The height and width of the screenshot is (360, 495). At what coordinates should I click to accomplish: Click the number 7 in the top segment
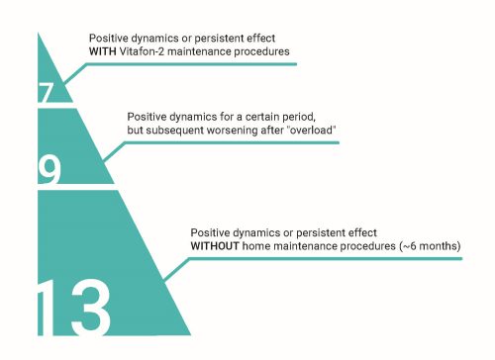tap(46, 93)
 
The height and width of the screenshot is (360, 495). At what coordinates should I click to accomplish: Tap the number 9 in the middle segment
tap(49, 170)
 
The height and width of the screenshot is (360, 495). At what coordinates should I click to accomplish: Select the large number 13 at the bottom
tap(74, 308)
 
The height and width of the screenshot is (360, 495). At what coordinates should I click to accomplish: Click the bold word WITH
tap(102, 51)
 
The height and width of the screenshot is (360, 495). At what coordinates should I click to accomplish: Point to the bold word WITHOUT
tap(215, 246)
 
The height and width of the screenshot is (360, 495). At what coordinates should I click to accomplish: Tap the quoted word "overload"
tap(312, 130)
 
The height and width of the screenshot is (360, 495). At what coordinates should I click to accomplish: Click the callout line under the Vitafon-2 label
tap(180, 64)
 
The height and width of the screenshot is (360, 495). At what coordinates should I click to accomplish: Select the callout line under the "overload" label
tap(221, 142)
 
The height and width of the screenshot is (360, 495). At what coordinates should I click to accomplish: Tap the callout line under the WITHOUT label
tap(313, 259)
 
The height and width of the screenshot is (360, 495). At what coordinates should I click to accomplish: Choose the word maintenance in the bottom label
tap(305, 246)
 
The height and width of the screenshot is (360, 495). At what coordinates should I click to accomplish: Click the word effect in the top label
tap(261, 38)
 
